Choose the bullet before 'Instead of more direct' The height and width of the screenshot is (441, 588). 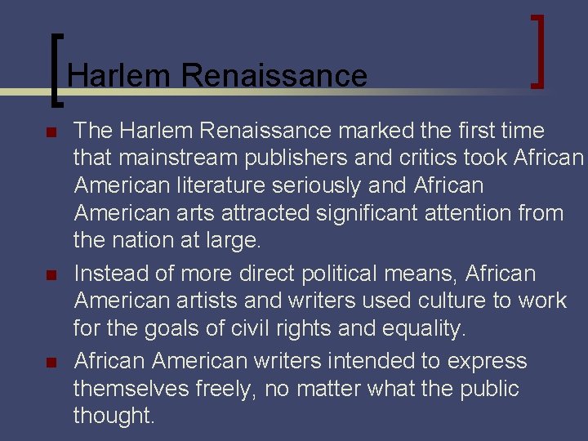tap(50, 274)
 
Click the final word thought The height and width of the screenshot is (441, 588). tap(113, 416)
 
